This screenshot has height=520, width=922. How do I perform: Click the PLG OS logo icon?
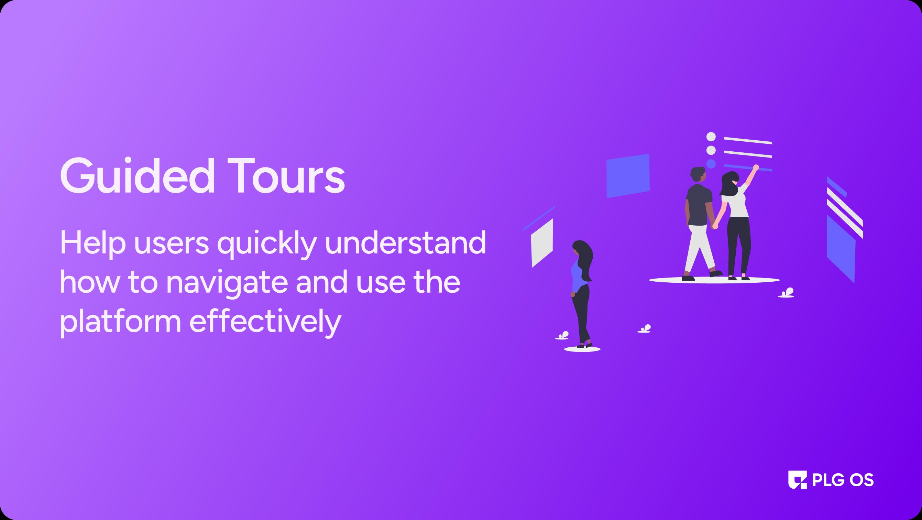point(798,479)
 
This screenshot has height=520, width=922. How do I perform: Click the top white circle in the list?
point(711,137)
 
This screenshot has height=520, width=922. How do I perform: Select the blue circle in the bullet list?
point(711,164)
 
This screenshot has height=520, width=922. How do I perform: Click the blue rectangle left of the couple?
point(628,176)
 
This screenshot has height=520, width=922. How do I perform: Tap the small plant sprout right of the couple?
point(786,293)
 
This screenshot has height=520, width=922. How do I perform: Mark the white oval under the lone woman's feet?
point(582,349)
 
